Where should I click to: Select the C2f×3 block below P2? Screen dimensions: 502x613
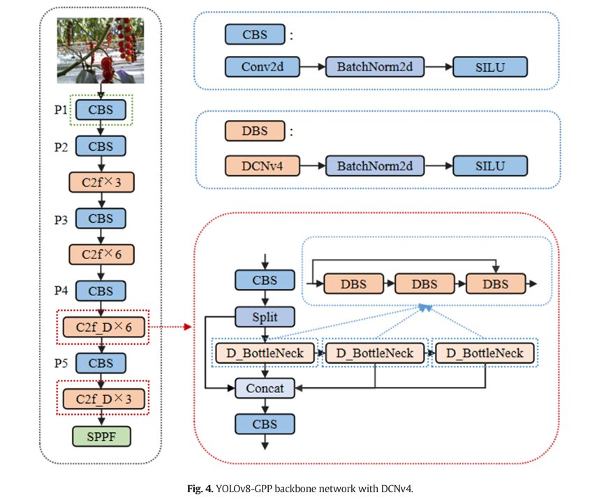101,182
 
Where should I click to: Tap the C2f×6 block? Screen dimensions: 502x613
101,254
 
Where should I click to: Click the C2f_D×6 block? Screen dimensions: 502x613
102,327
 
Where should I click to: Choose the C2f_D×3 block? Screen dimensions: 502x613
102,399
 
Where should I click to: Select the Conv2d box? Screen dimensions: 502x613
262,67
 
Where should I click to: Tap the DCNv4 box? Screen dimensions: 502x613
262,166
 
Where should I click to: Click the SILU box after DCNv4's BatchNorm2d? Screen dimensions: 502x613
489,166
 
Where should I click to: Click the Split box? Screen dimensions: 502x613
265,317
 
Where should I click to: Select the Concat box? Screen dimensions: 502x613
265,388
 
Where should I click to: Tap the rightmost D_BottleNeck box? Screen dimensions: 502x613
485,353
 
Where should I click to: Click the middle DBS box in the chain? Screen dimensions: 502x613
424,284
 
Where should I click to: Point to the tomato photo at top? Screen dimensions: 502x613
102,50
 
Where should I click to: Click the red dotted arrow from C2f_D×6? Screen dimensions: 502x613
170,326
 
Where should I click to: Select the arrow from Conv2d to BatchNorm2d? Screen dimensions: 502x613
312,67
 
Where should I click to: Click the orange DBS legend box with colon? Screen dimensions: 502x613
255,131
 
